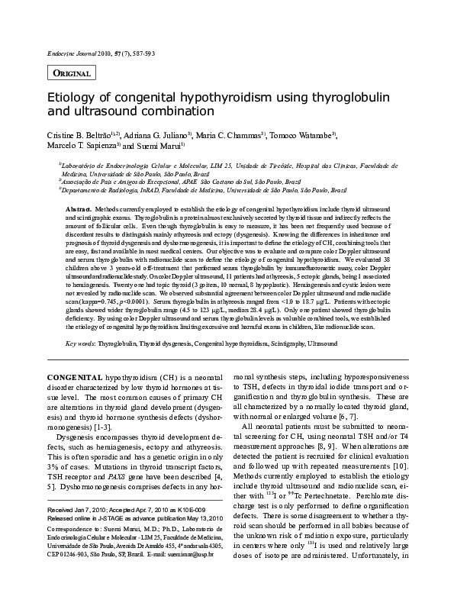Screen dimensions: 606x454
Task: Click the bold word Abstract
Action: (x=79, y=208)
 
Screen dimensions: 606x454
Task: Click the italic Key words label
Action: (x=79, y=344)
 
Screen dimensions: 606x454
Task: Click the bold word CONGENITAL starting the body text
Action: (x=76, y=378)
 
